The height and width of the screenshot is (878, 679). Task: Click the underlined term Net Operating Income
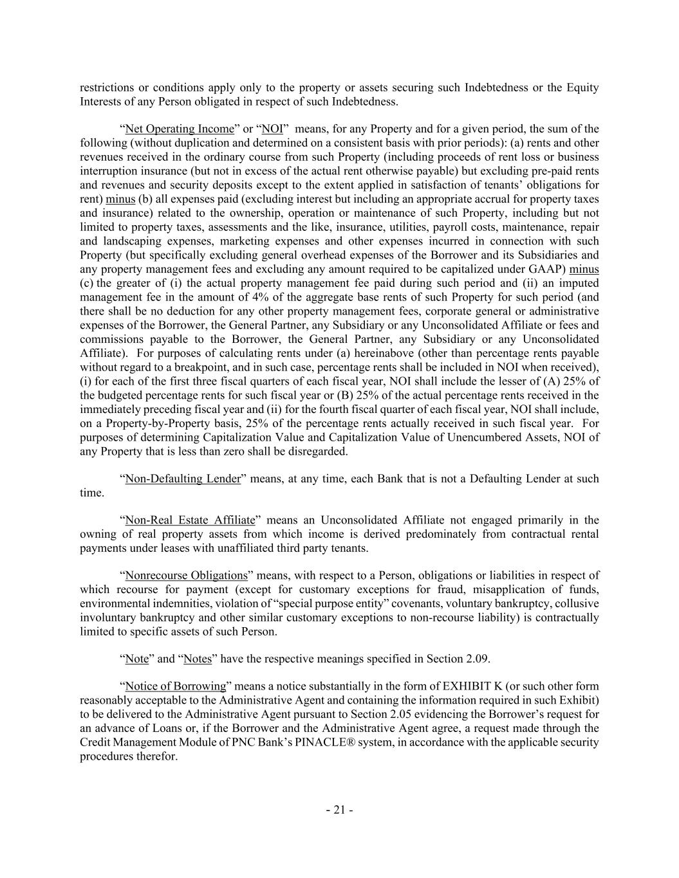[x=180, y=129]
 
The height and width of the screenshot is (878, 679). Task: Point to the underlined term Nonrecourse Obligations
[x=187, y=575]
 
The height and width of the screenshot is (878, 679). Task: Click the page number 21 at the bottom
[x=339, y=810]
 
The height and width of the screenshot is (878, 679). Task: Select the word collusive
[x=577, y=603]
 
